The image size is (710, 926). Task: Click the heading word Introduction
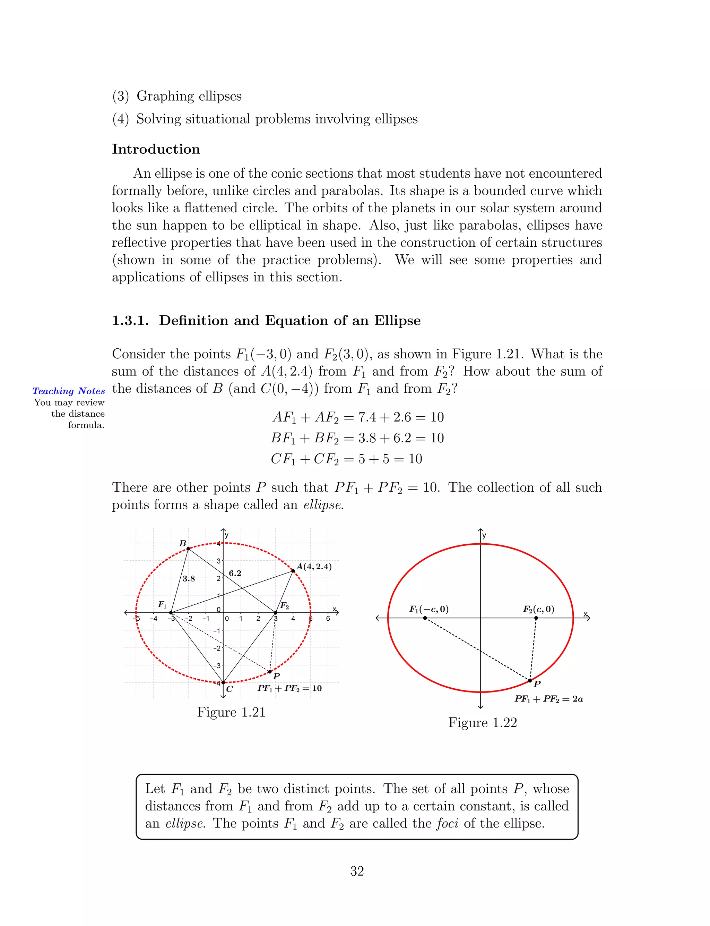[156, 149]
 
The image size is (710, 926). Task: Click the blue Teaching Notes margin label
[68, 391]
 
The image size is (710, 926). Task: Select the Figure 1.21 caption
[231, 712]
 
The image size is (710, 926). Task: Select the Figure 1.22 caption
[482, 722]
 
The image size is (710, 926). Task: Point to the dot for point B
[188, 549]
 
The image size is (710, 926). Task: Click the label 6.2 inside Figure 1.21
[235, 574]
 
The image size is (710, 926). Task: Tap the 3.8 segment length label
[189, 579]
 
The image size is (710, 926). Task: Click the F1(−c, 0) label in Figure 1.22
[428, 609]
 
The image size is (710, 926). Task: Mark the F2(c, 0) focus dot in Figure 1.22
[536, 618]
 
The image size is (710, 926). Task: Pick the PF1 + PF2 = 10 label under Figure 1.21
[289, 688]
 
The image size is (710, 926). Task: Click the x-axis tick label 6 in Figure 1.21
[328, 619]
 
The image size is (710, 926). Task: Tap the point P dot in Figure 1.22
[530, 681]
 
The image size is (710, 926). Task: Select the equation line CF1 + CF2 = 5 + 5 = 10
[347, 459]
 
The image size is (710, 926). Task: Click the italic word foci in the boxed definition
[447, 823]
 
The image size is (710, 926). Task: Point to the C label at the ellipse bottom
[230, 689]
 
